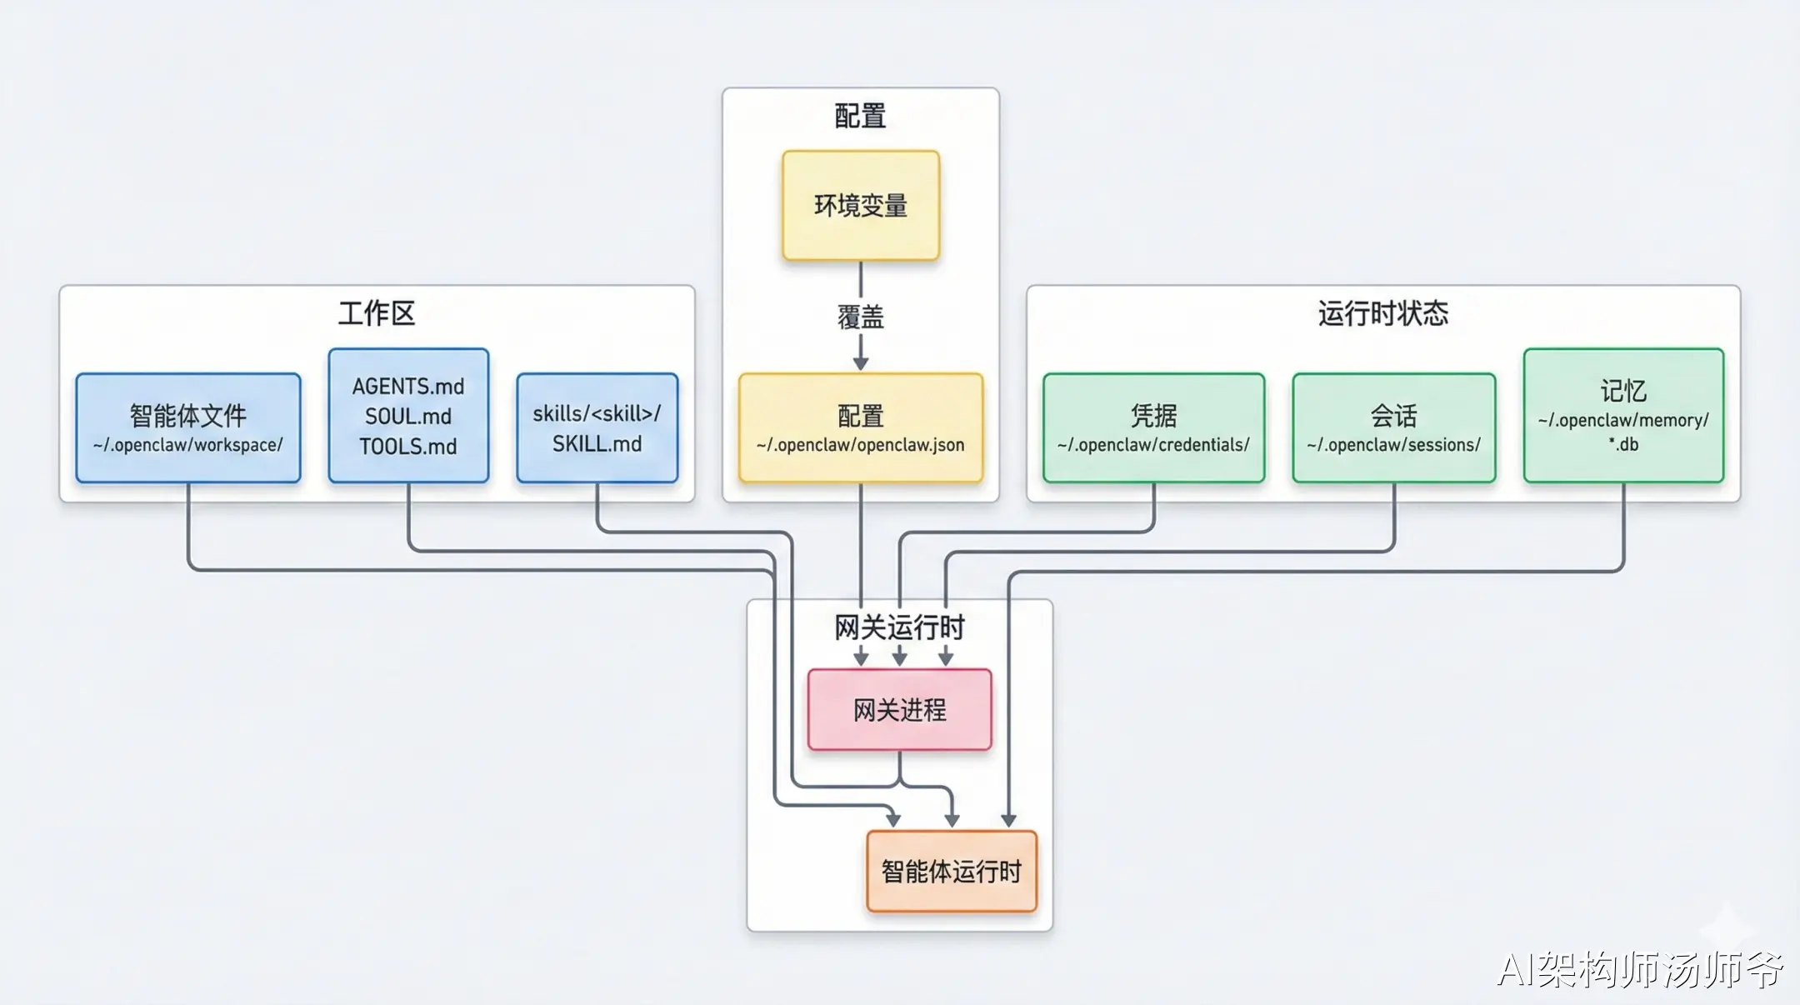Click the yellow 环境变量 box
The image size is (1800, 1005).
coord(861,206)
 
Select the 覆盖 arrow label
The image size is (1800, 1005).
coord(861,317)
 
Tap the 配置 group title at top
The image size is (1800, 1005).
coord(861,116)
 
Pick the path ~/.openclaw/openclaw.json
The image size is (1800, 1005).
coord(861,445)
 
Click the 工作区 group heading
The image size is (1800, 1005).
coord(377,313)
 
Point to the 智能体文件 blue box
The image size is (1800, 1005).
coord(188,427)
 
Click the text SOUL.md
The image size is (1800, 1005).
coord(408,417)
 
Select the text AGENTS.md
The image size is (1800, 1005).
coord(408,387)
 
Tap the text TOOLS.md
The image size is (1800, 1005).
coord(408,447)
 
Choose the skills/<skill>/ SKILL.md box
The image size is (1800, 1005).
coord(597,427)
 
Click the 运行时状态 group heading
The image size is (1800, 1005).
coord(1383,313)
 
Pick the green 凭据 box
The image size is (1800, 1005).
coord(1154,427)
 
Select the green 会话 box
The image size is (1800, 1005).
coord(1394,427)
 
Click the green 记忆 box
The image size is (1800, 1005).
coord(1623,415)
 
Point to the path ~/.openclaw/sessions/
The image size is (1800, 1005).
coord(1394,445)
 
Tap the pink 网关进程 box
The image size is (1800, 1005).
coord(900,710)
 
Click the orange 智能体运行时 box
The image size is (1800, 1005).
coord(952,872)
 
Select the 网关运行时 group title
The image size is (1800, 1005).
coord(900,627)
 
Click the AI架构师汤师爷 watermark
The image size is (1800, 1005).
coord(1640,969)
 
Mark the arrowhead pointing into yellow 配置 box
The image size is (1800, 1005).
coord(861,363)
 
